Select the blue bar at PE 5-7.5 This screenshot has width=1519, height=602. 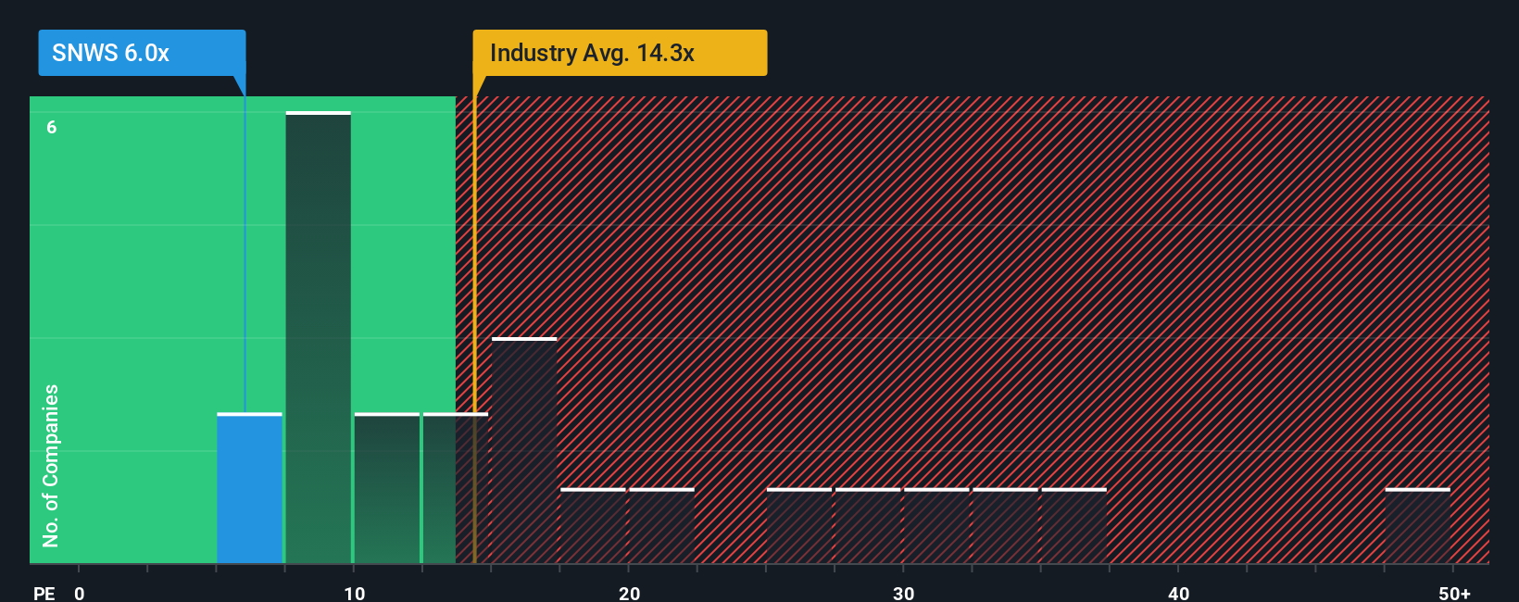pos(249,488)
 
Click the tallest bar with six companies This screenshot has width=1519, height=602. pos(318,338)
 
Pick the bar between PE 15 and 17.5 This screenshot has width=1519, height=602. pos(524,451)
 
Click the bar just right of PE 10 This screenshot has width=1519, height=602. pos(386,488)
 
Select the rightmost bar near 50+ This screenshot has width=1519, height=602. pos(1417,526)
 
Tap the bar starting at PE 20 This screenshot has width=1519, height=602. pos(661,526)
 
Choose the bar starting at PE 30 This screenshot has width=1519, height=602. pos(935,526)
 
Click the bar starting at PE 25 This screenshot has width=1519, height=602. pos(798,526)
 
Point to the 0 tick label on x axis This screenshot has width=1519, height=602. pos(80,593)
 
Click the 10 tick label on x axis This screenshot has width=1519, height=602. pos(354,593)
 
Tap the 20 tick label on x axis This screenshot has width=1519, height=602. pos(629,593)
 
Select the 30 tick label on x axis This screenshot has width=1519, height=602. pos(903,593)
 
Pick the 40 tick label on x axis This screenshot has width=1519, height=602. pos(1178,593)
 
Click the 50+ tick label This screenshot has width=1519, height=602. pos(1454,593)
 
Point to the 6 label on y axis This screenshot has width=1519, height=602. pos(52,127)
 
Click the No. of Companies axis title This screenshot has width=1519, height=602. pos(51,465)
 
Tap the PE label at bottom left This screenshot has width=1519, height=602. pos(44,593)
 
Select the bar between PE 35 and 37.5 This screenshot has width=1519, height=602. pos(1073,526)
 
